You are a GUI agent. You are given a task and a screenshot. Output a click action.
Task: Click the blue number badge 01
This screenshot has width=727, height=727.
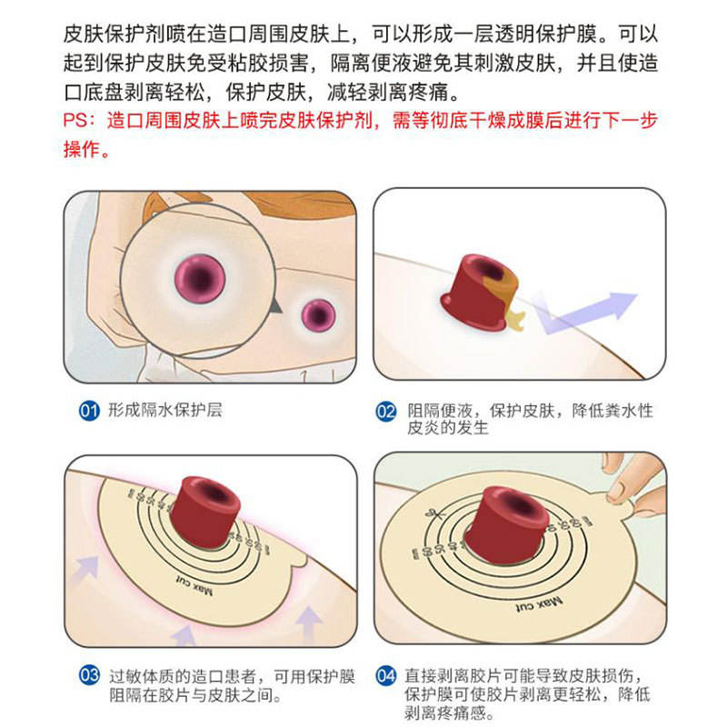tap(89, 411)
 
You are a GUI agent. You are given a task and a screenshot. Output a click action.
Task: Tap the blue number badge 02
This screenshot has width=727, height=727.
tap(385, 412)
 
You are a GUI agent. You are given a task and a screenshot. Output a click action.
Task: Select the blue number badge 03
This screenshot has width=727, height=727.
tap(89, 675)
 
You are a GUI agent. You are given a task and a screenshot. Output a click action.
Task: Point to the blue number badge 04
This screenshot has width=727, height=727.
tap(385, 675)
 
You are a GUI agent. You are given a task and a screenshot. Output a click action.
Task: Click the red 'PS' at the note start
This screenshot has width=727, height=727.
tap(75, 121)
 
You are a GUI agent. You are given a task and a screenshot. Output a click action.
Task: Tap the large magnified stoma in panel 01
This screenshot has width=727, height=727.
tap(200, 279)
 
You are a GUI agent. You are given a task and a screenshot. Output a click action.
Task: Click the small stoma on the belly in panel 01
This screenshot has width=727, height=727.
tap(319, 315)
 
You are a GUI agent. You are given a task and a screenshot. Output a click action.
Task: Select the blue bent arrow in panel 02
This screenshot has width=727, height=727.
tap(585, 312)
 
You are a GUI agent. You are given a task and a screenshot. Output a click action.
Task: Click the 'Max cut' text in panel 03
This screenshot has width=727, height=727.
tap(194, 585)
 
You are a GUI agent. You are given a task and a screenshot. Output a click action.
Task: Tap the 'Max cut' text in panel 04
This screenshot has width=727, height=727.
tap(539, 604)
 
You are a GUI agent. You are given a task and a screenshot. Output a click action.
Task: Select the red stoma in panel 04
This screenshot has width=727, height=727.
tap(506, 524)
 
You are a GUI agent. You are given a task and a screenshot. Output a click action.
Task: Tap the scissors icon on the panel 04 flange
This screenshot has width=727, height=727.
tap(436, 513)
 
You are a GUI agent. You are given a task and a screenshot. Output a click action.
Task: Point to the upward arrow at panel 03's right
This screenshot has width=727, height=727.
tap(309, 622)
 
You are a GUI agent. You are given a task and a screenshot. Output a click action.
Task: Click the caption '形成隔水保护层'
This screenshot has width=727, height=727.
tap(165, 411)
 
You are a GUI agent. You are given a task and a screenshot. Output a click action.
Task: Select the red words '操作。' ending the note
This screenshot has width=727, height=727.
tap(86, 149)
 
